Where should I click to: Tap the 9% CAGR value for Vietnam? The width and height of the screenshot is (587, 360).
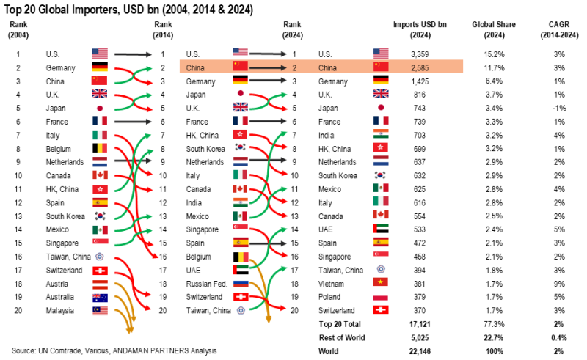pos(558,284)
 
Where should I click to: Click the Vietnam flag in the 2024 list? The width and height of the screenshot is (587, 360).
pos(381,284)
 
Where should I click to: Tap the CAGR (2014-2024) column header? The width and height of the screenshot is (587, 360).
pos(558,29)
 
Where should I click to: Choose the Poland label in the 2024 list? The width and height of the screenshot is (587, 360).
pos(330,297)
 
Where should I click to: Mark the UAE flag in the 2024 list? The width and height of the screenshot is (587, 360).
pos(381,229)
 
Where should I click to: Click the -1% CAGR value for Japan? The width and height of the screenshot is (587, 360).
pos(558,108)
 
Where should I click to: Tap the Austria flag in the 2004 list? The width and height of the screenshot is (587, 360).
pos(100,284)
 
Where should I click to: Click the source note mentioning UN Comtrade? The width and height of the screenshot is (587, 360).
pos(114,350)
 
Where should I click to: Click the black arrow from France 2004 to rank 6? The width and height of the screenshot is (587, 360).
pos(133,121)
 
